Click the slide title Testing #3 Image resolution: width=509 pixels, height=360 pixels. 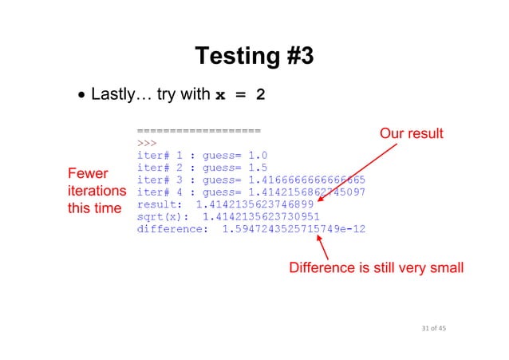[x=254, y=56]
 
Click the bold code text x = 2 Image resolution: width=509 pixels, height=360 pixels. [x=240, y=95]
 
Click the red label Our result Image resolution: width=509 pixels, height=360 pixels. [x=411, y=133]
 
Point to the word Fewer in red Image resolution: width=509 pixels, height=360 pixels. [x=88, y=174]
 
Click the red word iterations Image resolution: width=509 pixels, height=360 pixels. [x=97, y=192]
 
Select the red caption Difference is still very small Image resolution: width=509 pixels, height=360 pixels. [x=376, y=267]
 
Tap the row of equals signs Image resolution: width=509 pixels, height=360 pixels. [x=199, y=130]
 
